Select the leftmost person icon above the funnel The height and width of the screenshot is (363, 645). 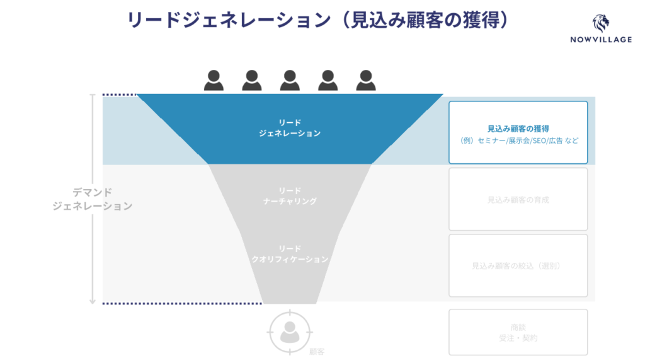pos(214,81)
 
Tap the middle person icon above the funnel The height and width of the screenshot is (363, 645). pos(290,81)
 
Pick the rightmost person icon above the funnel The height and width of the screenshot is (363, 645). pos(366,81)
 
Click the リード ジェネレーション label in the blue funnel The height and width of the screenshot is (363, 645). pos(290,128)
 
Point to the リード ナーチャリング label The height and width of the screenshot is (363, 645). pos(290,196)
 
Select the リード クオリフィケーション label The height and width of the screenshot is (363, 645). pos(290,253)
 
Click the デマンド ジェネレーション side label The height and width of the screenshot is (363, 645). pos(93,199)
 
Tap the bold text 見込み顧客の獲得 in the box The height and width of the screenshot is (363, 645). pos(518,128)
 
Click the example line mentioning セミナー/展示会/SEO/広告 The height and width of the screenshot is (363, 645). pos(518,141)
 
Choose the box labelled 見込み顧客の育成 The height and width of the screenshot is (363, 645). pos(518,199)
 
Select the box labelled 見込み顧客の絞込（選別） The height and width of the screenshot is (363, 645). pos(518,265)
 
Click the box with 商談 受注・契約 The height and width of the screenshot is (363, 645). pos(518,332)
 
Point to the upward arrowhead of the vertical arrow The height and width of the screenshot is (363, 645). pos(93,97)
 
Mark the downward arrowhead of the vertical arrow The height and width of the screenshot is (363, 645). pos(93,301)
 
